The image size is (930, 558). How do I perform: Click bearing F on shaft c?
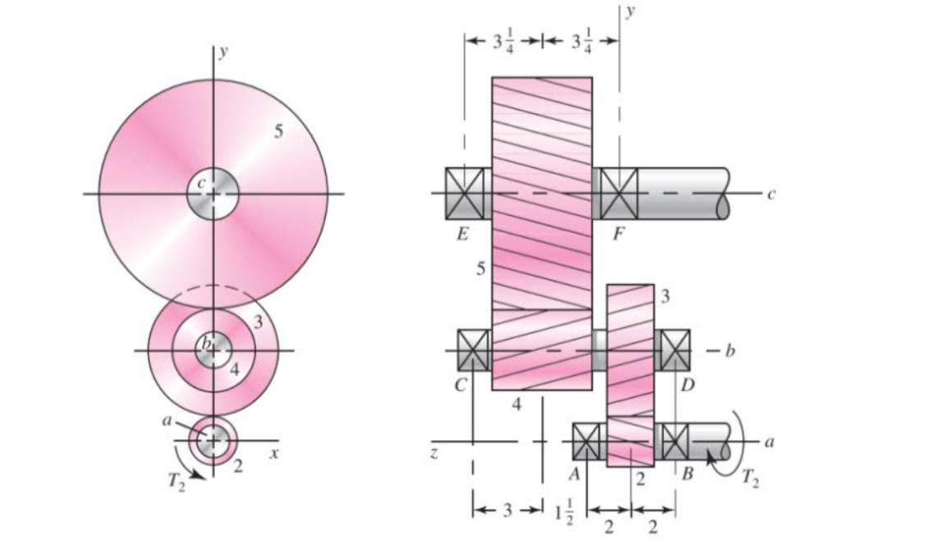coord(619,194)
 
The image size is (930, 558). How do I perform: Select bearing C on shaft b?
coord(473,350)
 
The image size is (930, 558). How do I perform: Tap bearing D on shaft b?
coord(675,350)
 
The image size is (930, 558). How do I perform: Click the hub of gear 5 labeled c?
coord(213,194)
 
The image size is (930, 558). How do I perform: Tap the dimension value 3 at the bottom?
coord(507,510)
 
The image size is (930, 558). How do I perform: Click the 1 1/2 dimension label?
coord(564,515)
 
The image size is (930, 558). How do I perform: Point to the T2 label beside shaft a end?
coord(749,478)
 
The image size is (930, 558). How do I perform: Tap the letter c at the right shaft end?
coord(770,194)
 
